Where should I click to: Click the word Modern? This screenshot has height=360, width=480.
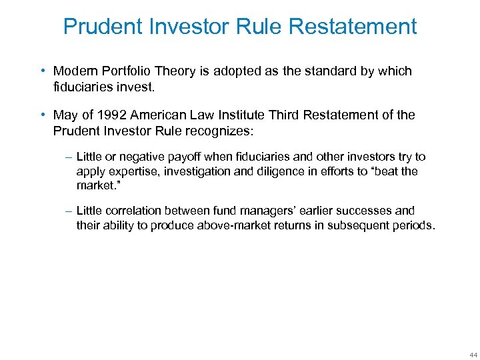(75, 71)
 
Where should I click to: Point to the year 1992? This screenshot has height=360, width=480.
(113, 115)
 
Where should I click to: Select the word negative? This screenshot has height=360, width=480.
(147, 157)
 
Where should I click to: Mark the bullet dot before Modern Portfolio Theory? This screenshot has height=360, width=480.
(43, 71)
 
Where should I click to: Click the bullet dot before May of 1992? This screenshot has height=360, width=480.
(43, 115)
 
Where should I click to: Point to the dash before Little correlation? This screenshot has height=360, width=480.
(69, 211)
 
